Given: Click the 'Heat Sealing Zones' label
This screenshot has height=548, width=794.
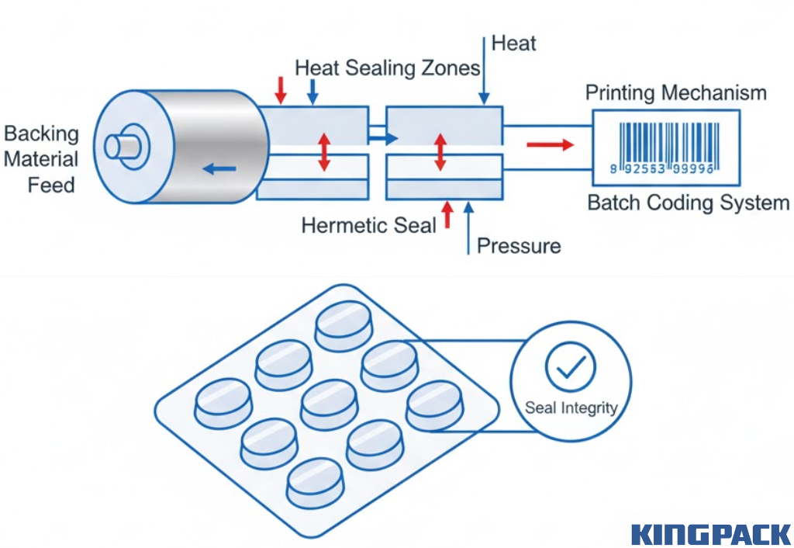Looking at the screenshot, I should tap(387, 68).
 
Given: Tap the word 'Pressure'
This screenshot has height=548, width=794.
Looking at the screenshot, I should tap(519, 246).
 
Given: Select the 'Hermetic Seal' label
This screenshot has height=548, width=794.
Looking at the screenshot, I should tap(368, 226).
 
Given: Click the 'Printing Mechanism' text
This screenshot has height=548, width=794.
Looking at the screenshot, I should tap(675, 94).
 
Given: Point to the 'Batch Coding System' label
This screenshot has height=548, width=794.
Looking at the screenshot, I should tap(688, 203).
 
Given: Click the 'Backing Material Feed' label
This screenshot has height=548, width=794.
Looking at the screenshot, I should tap(42, 159).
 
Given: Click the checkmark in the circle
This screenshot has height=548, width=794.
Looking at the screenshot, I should tap(570, 367).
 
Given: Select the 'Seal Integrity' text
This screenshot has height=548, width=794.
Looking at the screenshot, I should tap(571, 408).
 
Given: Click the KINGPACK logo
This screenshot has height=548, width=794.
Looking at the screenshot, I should tap(710, 534).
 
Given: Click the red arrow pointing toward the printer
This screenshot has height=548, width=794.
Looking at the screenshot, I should tap(549, 144).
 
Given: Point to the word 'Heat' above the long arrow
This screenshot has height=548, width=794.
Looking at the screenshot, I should tap(513, 43).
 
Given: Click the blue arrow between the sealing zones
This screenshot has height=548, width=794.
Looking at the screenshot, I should tap(381, 138).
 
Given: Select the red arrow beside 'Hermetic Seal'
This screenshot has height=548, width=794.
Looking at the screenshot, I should tap(447, 214).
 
